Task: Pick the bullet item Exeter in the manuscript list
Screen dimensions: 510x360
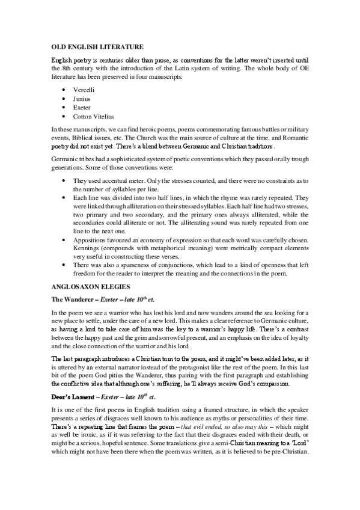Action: click(81, 107)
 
